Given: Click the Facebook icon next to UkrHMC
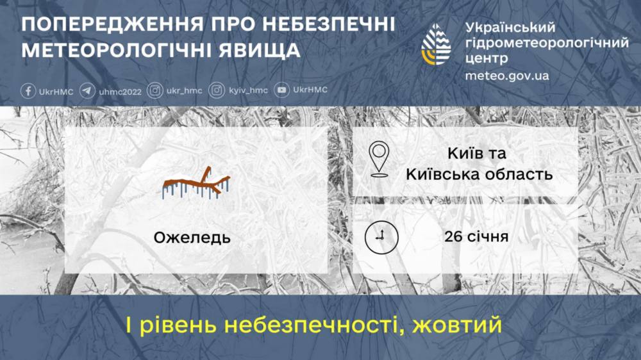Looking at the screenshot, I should click(28, 91).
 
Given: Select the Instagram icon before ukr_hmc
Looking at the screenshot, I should click(154, 91).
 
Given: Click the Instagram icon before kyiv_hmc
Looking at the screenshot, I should click(217, 91).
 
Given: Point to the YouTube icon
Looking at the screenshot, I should click(281, 91).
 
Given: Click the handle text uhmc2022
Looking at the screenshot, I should click(120, 91).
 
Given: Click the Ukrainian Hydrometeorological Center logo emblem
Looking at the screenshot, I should click(436, 45).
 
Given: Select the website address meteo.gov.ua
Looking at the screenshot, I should click(507, 76).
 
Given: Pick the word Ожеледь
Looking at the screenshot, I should click(192, 238).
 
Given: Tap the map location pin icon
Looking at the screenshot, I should click(379, 160).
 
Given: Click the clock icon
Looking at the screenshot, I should click(378, 237).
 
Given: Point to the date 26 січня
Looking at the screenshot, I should click(476, 237).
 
